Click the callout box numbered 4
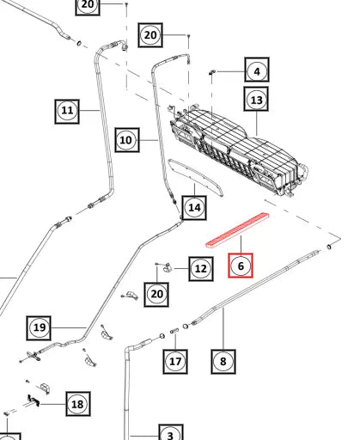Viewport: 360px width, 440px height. [x=257, y=70]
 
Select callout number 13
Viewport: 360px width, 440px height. [x=256, y=99]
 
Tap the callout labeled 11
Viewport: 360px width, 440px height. [x=67, y=111]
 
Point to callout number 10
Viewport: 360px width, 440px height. [x=127, y=140]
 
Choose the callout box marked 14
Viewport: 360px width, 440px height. [x=194, y=207]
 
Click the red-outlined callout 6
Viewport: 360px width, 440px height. [x=241, y=266]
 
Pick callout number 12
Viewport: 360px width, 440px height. [x=201, y=268]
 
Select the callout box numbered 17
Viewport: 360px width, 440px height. [x=175, y=361]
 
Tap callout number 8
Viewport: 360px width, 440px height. [x=223, y=361]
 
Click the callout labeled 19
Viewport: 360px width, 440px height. [x=39, y=328]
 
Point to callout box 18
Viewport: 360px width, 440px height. [x=78, y=404]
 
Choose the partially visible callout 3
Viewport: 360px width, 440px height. [x=171, y=432]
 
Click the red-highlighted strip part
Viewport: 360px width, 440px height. [x=238, y=229]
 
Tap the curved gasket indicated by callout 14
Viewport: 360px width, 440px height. [x=195, y=177]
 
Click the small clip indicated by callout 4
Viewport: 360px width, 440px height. [x=212, y=71]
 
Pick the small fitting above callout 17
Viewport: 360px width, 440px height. [x=174, y=331]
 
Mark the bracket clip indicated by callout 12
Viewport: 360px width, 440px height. [x=167, y=267]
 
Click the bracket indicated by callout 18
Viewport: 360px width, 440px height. [x=34, y=400]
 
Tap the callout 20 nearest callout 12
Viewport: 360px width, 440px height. [x=156, y=294]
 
